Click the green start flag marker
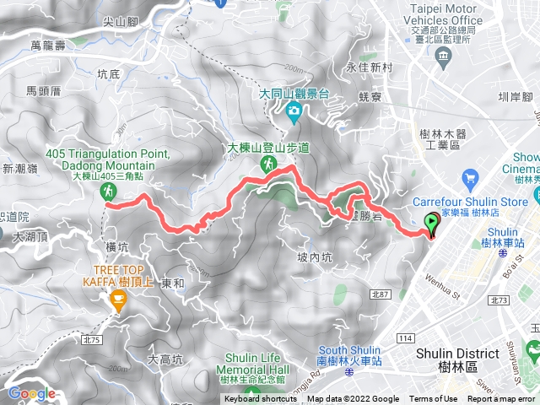click(x=434, y=224)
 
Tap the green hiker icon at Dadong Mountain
click(x=109, y=193)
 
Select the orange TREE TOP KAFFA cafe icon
click(x=117, y=300)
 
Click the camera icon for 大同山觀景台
click(x=293, y=110)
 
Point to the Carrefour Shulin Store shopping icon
click(x=470, y=179)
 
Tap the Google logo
click(x=31, y=393)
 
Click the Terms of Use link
click(x=434, y=399)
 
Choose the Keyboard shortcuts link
click(x=262, y=399)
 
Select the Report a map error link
click(x=501, y=399)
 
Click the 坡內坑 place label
click(x=314, y=257)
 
